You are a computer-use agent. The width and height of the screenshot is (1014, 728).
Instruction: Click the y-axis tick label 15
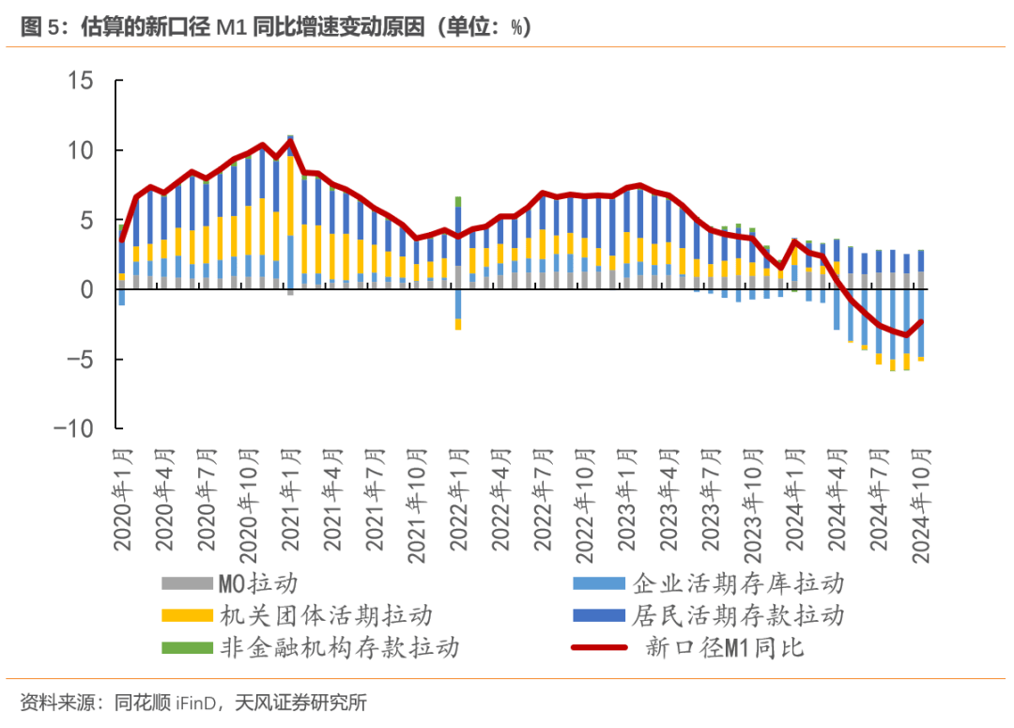pos(80,81)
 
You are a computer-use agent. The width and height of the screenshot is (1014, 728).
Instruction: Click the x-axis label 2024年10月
pos(920,503)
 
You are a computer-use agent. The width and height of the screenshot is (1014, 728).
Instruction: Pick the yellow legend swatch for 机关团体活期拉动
pos(187,615)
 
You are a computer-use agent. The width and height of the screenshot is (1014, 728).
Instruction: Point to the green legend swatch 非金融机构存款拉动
pos(187,647)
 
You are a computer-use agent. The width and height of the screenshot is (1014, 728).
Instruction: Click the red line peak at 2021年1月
pos(290,141)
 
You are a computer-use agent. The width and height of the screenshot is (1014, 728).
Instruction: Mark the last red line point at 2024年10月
pos(921,321)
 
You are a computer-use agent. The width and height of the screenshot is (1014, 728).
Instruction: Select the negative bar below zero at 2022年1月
pos(458,319)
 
